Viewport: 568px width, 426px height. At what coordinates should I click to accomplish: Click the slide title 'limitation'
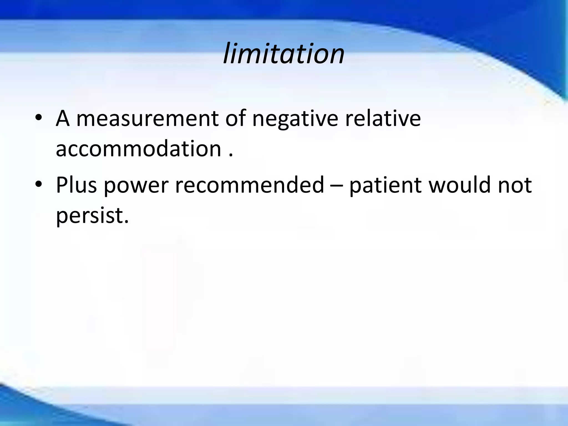tap(284, 53)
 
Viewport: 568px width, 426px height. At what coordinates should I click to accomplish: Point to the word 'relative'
tap(383, 118)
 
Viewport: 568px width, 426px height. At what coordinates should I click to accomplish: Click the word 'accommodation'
tap(138, 149)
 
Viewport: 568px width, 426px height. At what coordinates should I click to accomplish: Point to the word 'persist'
tap(89, 216)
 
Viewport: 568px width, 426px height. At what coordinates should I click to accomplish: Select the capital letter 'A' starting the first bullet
tap(63, 119)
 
